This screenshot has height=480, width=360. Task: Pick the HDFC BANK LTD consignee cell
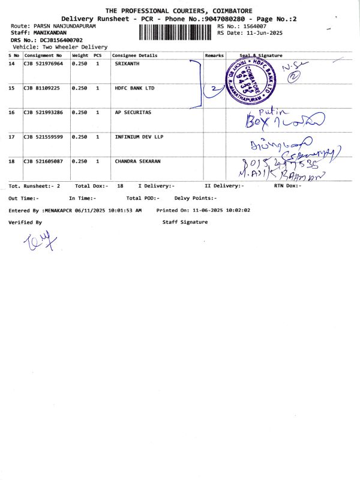[x=134, y=88]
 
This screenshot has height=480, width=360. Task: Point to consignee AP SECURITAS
[x=133, y=112]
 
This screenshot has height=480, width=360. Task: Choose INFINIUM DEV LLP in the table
[x=139, y=137]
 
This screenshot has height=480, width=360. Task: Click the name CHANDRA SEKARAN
[x=137, y=161]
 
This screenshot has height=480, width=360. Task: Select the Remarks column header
[x=214, y=55]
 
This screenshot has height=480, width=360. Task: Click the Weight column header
[x=80, y=55]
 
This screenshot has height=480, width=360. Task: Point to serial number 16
[x=11, y=112]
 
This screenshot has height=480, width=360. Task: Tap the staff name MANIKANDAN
[x=50, y=33]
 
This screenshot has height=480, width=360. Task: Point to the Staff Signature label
[x=185, y=222]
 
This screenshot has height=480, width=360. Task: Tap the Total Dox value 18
[x=121, y=186]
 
